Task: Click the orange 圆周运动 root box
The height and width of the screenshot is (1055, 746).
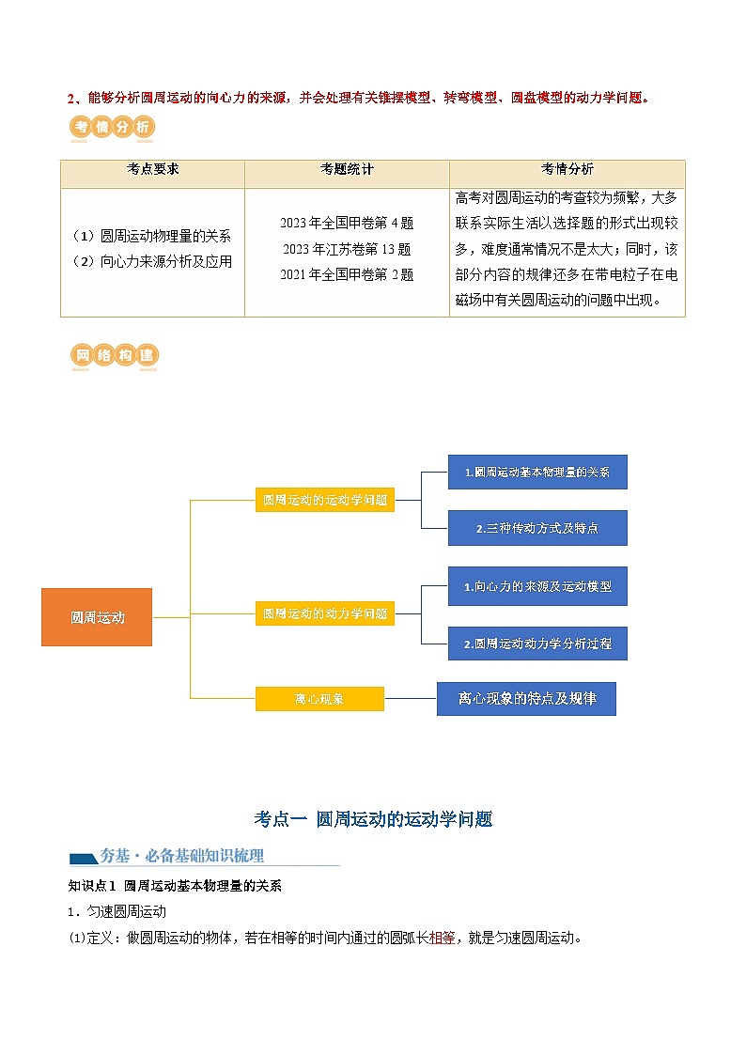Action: [97, 617]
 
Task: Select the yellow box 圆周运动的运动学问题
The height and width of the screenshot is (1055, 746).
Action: [325, 500]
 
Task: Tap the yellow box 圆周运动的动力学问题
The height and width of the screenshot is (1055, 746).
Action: [325, 613]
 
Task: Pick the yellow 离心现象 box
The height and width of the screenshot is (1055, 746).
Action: [319, 699]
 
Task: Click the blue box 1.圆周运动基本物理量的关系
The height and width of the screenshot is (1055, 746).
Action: [537, 473]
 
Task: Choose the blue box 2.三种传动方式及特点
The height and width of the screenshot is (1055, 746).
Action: [537, 528]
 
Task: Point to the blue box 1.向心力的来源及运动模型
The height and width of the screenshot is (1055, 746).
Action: [537, 587]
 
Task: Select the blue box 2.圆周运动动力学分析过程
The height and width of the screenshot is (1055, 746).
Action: [537, 644]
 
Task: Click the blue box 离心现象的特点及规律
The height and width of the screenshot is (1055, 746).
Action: [527, 698]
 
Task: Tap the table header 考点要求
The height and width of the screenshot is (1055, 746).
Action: [153, 169]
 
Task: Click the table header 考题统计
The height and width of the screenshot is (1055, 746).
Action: [347, 169]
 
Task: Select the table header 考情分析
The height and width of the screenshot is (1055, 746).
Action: [567, 169]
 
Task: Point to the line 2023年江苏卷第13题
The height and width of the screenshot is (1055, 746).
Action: [347, 249]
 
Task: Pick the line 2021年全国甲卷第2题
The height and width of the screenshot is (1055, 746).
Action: [347, 274]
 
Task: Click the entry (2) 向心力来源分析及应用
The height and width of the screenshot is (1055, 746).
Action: [152, 262]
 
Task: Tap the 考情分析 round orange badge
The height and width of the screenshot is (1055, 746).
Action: [113, 127]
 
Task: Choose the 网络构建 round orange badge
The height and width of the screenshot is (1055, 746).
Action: [115, 355]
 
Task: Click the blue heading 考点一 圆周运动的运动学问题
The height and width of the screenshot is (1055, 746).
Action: [373, 819]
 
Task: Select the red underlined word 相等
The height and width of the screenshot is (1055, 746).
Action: [442, 938]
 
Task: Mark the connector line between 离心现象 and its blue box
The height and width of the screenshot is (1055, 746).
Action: [411, 698]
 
